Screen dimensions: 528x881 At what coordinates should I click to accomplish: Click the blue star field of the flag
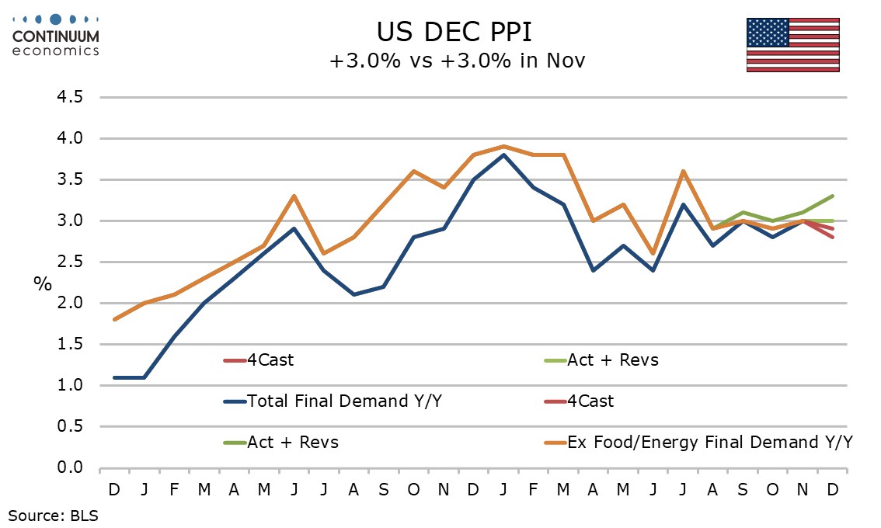768,32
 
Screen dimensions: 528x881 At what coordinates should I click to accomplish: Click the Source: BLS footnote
54,513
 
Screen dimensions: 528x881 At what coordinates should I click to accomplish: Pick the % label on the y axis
42,283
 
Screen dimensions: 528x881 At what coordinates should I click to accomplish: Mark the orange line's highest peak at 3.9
503,146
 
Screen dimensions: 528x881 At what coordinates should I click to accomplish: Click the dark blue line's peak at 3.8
503,155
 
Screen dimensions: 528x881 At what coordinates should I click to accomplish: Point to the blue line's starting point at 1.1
114,377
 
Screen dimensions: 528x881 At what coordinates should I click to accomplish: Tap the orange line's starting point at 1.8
114,319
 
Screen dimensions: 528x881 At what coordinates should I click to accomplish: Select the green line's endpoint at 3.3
833,196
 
